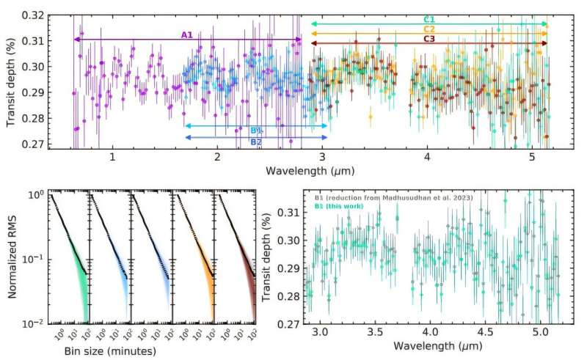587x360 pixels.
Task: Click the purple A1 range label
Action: click(x=188, y=34)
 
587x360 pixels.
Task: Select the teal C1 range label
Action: click(x=430, y=18)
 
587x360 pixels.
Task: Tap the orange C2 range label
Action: click(x=430, y=29)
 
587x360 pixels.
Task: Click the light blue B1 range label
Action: click(x=256, y=130)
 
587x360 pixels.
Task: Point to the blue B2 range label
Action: click(x=256, y=142)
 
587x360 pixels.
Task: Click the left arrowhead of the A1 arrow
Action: click(x=76, y=40)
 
